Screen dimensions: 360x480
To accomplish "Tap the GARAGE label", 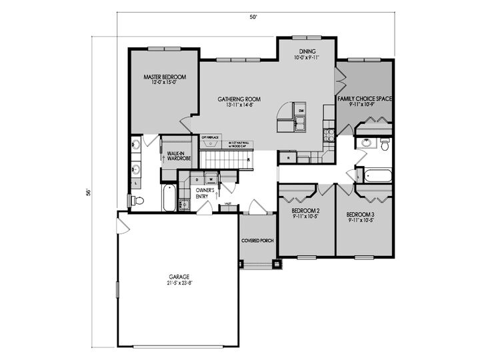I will [180, 279].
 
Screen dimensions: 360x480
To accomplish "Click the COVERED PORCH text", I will [257, 241].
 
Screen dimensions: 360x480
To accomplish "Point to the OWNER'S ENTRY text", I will [203, 194].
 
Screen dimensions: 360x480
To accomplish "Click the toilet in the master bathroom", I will [137, 200].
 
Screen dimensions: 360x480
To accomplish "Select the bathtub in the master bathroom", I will [169, 199].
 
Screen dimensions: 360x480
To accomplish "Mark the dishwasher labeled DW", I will [301, 110].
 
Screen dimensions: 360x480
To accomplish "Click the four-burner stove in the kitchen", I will [329, 134].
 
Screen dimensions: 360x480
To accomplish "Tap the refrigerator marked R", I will [288, 158].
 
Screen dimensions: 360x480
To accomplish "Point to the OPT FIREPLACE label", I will [210, 137].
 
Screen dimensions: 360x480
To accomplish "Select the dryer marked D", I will [197, 179].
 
